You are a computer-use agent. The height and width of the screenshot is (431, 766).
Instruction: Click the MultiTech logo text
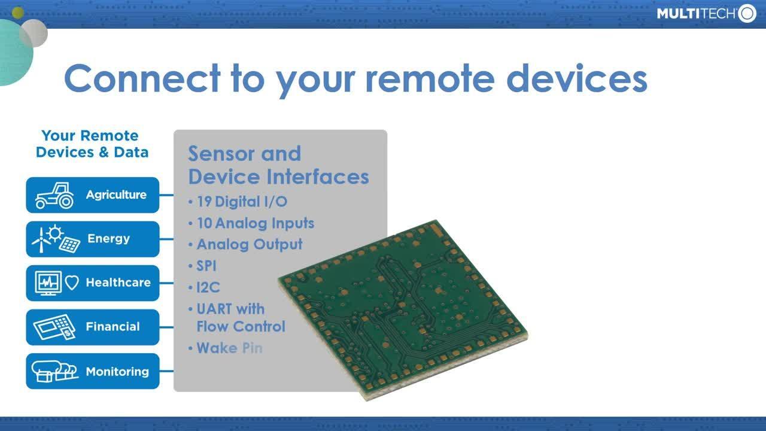click(x=696, y=14)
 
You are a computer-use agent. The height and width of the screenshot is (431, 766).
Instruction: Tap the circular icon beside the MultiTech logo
click(x=747, y=13)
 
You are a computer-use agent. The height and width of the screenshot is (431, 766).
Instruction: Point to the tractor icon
click(x=54, y=196)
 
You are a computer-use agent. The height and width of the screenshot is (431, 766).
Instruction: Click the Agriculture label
click(x=116, y=195)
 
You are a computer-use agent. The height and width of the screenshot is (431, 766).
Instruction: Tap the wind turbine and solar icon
click(x=56, y=239)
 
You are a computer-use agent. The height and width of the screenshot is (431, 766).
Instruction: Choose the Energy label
click(x=108, y=238)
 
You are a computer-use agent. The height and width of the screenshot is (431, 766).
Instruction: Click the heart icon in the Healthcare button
click(x=72, y=283)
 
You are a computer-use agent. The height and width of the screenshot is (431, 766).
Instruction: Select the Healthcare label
click(x=118, y=283)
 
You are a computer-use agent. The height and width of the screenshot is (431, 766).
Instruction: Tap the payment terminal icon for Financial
click(x=54, y=327)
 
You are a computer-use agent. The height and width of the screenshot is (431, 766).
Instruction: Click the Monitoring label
click(x=117, y=371)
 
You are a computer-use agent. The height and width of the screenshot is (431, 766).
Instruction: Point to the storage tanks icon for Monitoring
click(x=54, y=371)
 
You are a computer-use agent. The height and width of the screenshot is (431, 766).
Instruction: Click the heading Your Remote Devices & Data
click(x=92, y=144)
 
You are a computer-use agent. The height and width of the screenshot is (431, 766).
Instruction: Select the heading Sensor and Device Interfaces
click(x=278, y=165)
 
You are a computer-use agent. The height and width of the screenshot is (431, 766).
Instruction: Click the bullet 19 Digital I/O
click(x=242, y=202)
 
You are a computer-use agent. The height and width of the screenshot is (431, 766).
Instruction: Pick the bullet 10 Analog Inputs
click(x=255, y=223)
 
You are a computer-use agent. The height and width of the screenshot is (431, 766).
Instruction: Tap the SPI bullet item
click(x=206, y=266)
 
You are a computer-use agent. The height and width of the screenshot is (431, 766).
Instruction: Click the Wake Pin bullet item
click(x=229, y=348)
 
